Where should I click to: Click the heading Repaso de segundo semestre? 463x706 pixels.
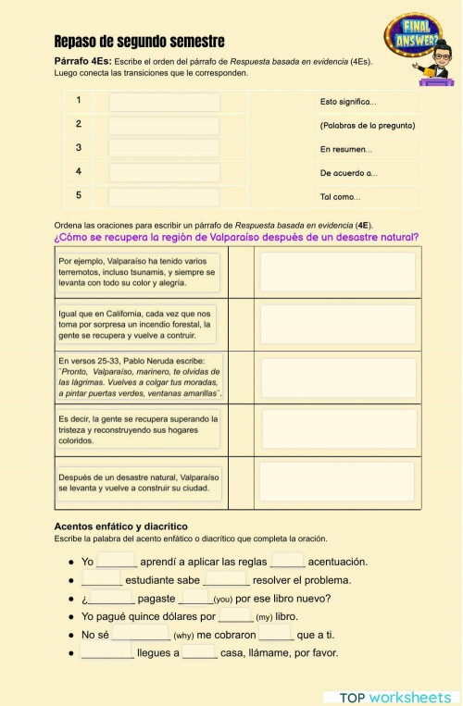pos(139,42)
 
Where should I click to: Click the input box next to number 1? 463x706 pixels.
pos(164,102)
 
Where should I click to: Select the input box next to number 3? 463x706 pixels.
pos(164,148)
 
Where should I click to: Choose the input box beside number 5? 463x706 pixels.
pos(164,195)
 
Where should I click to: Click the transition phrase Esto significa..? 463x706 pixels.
pos(348,102)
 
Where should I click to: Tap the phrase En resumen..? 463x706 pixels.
pos(346,149)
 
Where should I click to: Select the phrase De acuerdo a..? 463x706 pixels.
pos(348,173)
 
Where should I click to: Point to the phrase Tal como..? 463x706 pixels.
pos(340,196)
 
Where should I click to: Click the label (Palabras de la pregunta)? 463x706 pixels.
pos(367,125)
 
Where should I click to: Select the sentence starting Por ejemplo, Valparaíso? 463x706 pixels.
pos(139,273)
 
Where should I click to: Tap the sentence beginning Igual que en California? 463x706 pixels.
pos(139,324)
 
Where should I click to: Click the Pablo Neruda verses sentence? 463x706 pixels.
pos(139,377)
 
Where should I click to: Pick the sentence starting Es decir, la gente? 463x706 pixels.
pos(139,429)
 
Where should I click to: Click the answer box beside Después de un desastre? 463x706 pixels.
pos(336,481)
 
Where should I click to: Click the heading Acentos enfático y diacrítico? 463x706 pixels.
pos(121,526)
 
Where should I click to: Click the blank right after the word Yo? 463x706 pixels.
pos(117,562)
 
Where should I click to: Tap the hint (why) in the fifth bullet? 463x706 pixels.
pos(183,636)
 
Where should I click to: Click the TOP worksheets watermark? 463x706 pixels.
pos(394,697)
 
